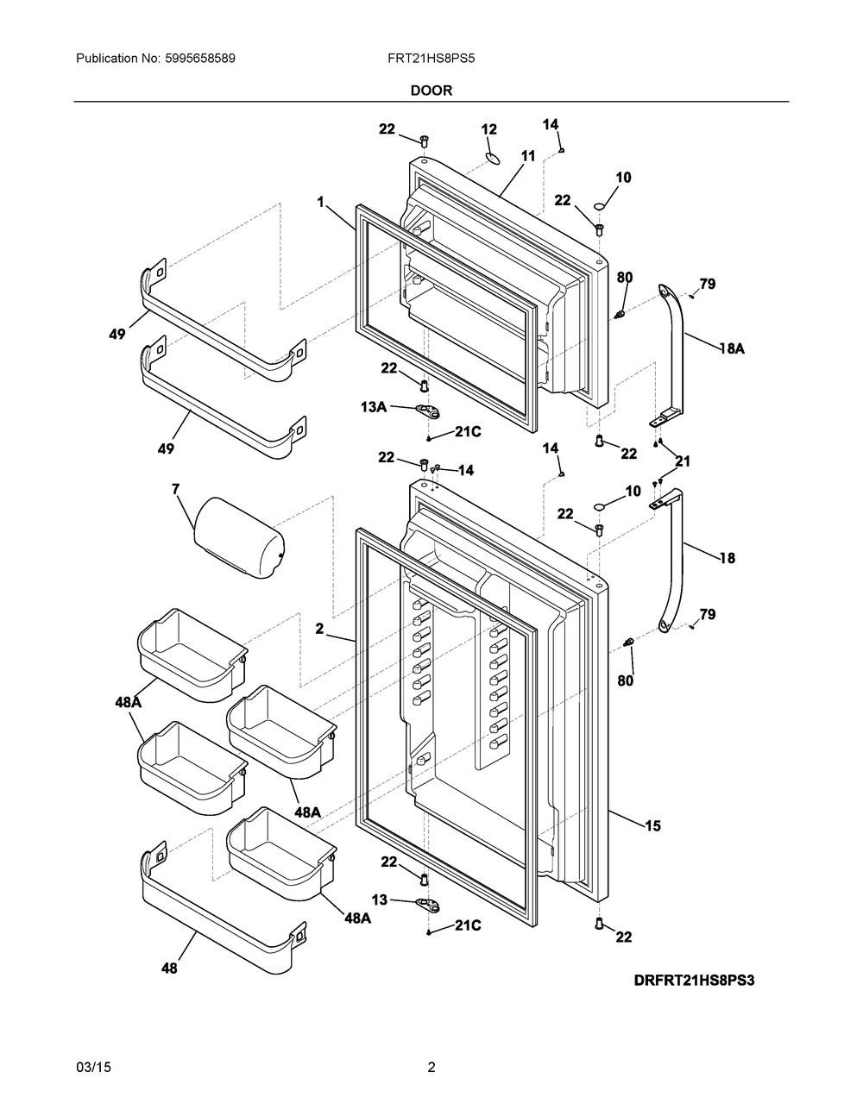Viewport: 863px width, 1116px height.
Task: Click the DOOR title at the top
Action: point(431,90)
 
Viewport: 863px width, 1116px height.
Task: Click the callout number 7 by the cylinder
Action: point(176,489)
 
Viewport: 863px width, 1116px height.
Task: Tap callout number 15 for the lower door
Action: point(652,826)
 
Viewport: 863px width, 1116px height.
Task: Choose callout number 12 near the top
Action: point(489,129)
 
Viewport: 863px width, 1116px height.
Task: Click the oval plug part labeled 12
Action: point(492,157)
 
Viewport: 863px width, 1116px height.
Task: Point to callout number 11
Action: point(527,156)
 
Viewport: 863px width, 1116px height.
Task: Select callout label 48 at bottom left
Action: point(169,969)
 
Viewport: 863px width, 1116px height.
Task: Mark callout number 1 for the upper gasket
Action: point(320,202)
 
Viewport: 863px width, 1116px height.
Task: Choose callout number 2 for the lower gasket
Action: point(319,630)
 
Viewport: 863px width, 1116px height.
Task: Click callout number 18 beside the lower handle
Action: point(727,558)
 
